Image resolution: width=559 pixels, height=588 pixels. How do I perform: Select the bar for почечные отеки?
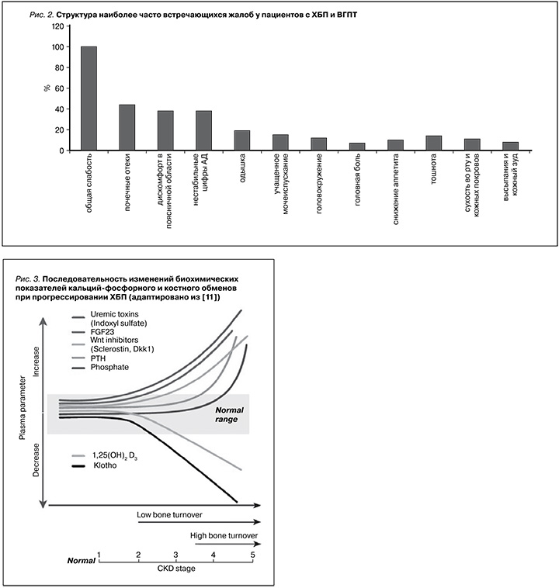(127, 127)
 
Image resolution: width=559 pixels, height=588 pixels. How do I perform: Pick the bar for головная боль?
(357, 147)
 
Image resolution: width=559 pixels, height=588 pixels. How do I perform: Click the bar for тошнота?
(434, 143)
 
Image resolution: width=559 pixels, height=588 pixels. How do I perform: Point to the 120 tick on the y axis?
(58, 26)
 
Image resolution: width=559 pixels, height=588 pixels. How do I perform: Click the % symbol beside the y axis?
(47, 88)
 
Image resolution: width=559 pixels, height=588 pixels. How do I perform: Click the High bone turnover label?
(224, 535)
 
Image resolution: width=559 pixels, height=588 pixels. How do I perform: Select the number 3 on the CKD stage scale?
(175, 555)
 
